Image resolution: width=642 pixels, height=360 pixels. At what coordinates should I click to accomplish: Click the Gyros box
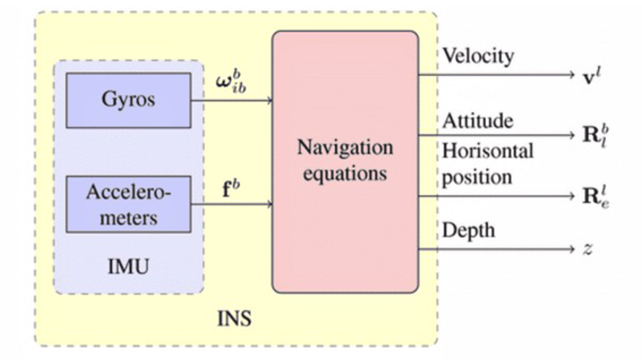pos(128,100)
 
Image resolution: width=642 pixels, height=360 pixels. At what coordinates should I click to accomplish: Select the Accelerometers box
pos(128,204)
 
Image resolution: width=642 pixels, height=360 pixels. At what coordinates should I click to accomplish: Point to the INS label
pos(235,320)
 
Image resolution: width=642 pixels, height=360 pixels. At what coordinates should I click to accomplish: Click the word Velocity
pos(478,56)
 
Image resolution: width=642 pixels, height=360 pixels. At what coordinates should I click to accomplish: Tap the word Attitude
pos(478,121)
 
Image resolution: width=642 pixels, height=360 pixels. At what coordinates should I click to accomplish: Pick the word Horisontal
pos(488,149)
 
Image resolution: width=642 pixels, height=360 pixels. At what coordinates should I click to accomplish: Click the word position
pos(477,177)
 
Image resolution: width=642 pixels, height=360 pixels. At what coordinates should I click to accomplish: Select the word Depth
pos(469,231)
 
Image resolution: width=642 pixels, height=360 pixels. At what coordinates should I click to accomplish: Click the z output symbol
pos(588,250)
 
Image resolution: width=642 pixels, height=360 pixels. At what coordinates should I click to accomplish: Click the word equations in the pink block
pos(344,173)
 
